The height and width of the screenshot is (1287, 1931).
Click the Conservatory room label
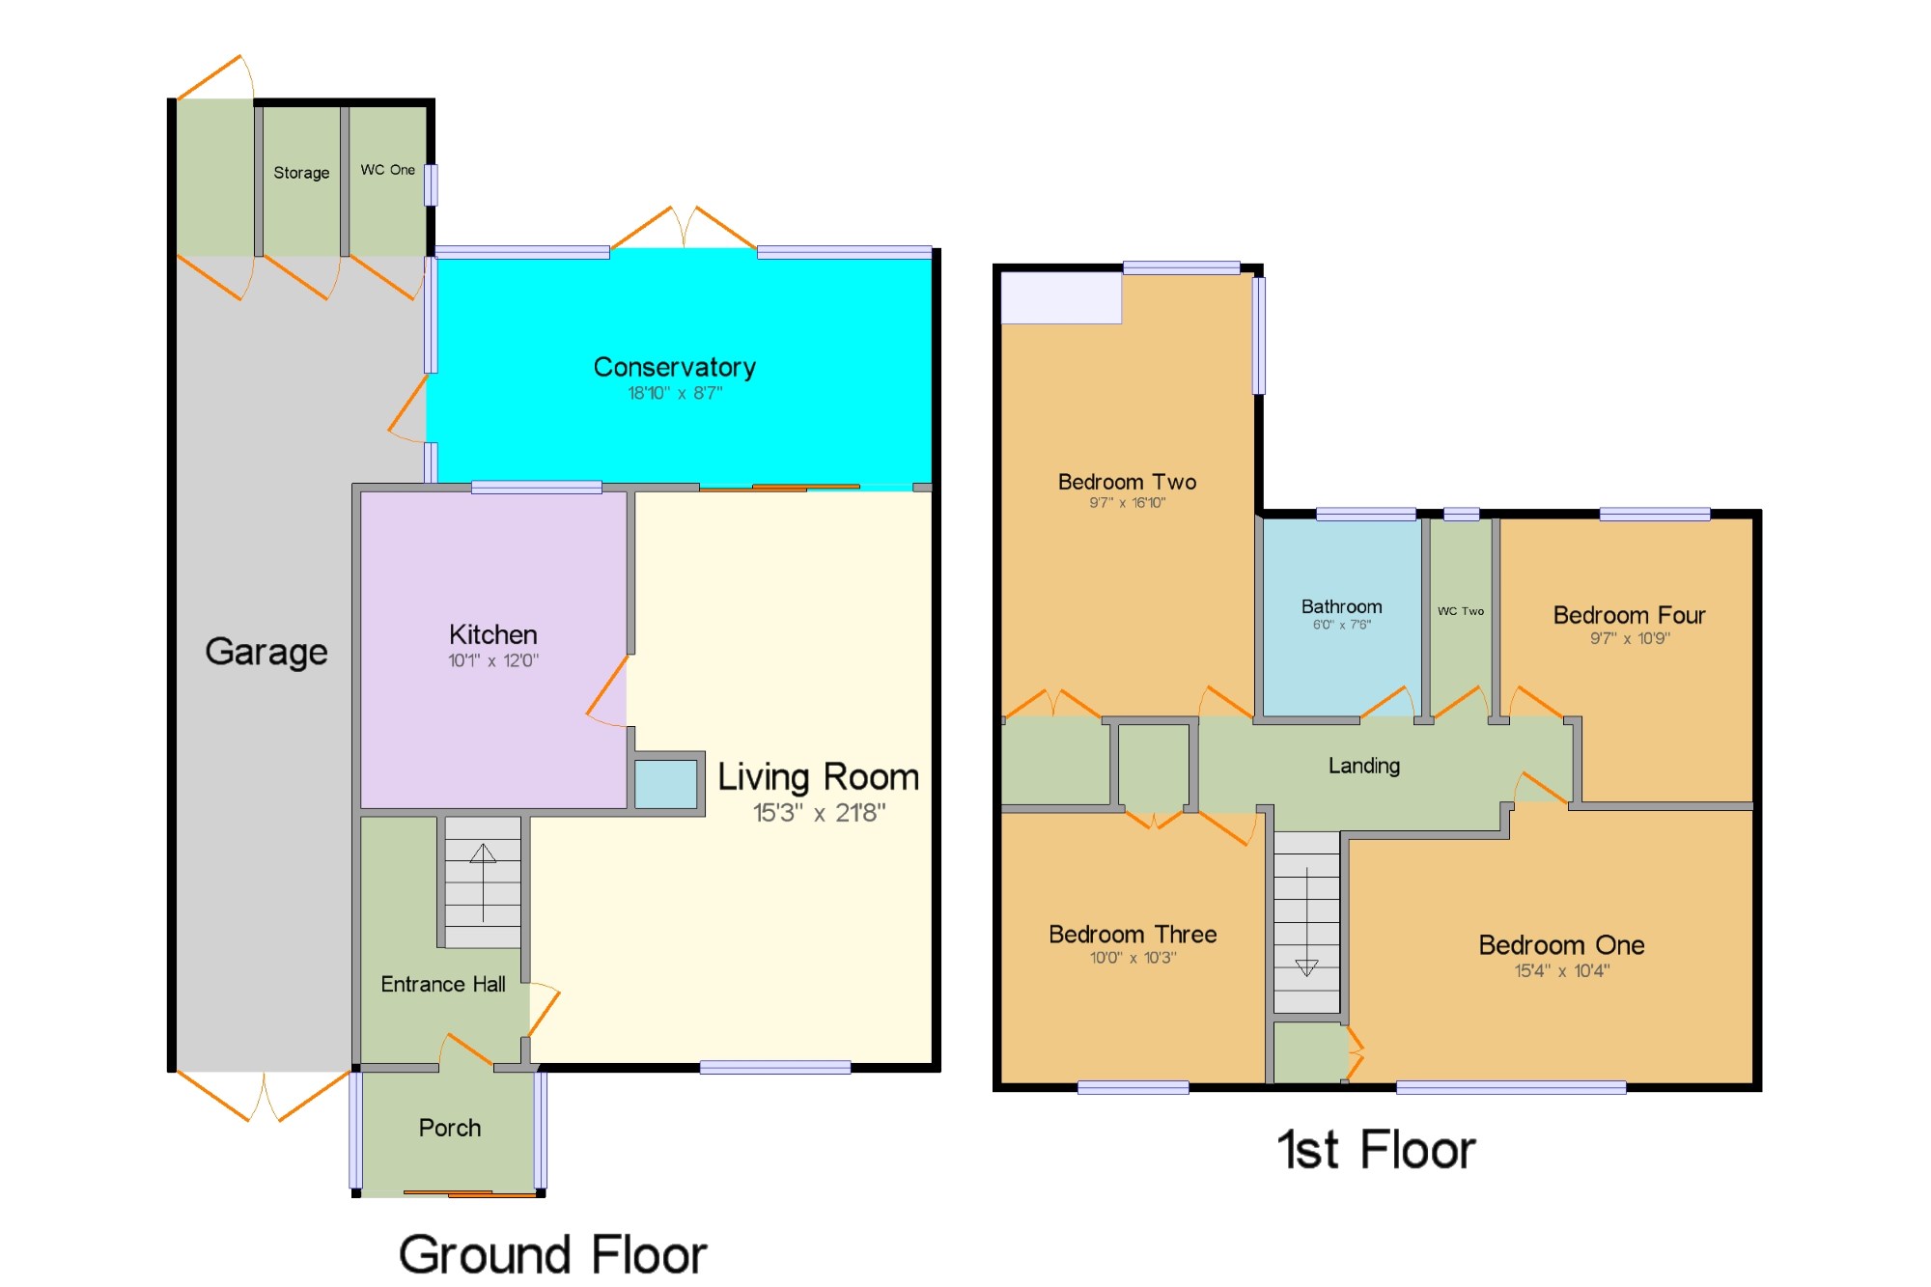click(x=674, y=367)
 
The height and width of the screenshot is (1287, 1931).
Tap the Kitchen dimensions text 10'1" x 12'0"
click(x=492, y=660)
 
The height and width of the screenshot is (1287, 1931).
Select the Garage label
click(x=266, y=652)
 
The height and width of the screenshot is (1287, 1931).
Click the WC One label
click(x=387, y=170)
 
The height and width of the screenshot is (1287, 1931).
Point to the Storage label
click(x=301, y=173)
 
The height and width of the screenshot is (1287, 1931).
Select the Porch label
click(x=449, y=1128)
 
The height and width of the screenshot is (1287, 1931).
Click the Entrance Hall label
click(x=442, y=984)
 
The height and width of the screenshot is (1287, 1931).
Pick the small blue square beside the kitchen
click(x=665, y=784)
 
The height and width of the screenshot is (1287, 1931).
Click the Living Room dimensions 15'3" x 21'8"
click(x=819, y=813)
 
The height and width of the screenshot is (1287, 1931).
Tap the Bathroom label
click(x=1341, y=606)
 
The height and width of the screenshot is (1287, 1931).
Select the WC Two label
click(x=1460, y=611)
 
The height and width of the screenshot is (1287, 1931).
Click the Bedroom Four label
click(x=1629, y=615)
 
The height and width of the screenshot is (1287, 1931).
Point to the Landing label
click(x=1363, y=766)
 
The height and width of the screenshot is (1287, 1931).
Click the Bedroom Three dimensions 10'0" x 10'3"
click(x=1133, y=958)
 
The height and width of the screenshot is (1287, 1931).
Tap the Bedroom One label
click(x=1561, y=944)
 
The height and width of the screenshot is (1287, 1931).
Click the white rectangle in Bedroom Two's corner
click(x=1061, y=297)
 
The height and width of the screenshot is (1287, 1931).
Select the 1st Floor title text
click(x=1376, y=1150)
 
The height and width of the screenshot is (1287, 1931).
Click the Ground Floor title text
click(x=552, y=1254)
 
